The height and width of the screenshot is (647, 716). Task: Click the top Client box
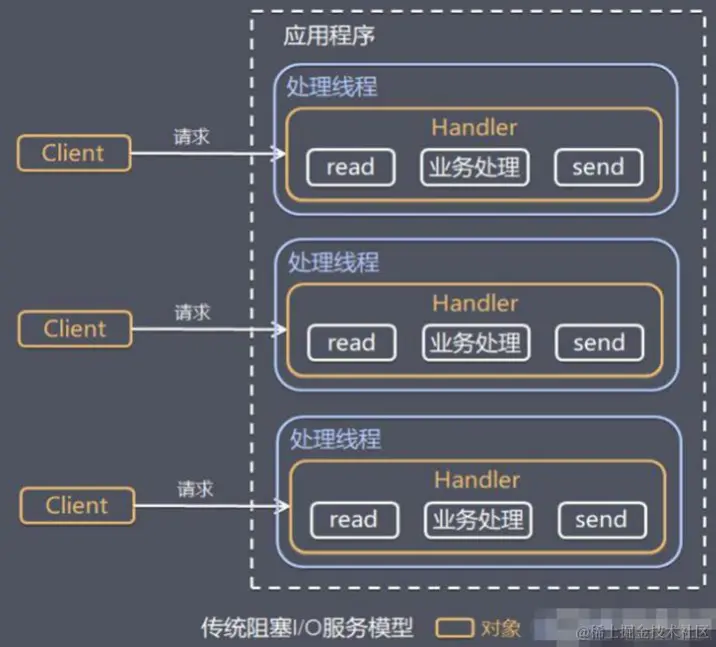(x=73, y=153)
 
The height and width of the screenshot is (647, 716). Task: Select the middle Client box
(x=74, y=328)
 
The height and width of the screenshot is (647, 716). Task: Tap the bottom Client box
(x=76, y=504)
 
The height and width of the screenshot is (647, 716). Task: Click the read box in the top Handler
(x=350, y=167)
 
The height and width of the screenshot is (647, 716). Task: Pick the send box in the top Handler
(x=598, y=167)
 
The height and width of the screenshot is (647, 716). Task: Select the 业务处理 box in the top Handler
(x=474, y=167)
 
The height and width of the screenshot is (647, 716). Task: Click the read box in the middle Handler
(x=351, y=343)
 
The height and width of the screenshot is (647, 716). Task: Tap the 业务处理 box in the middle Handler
(x=475, y=343)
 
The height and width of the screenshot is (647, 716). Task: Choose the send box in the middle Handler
(x=599, y=343)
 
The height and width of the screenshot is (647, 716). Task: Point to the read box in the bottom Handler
(x=353, y=520)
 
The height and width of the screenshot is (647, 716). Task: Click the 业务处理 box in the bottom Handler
(x=477, y=520)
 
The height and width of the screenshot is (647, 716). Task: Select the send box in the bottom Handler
(x=601, y=520)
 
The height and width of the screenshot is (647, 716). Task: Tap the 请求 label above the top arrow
(x=191, y=136)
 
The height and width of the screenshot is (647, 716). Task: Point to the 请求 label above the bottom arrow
(x=195, y=489)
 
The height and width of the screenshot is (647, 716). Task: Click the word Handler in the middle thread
(x=475, y=303)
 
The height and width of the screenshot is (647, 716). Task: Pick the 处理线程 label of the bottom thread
(x=335, y=440)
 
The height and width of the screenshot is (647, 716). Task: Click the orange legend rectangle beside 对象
(x=455, y=628)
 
